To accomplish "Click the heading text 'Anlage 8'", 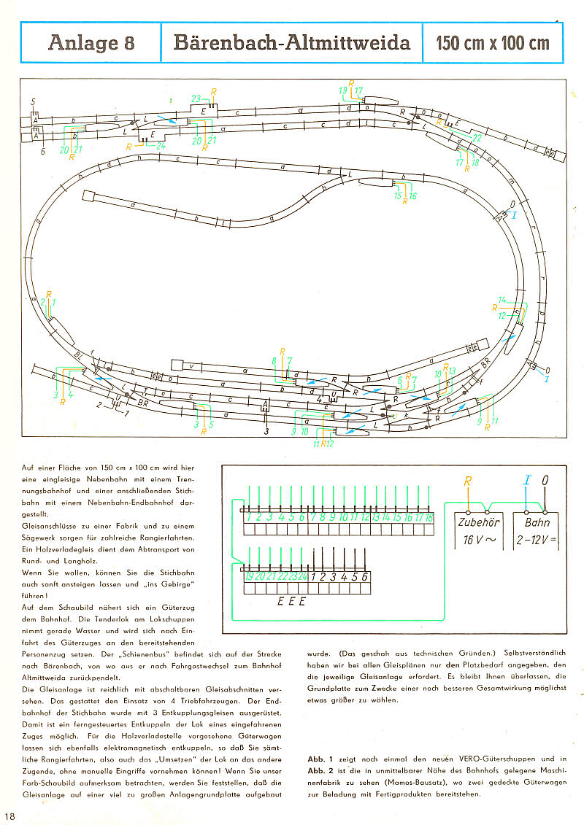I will click(91, 42).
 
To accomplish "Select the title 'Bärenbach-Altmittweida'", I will click(291, 42).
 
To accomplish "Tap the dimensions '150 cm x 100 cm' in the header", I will click(493, 43).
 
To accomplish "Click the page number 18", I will click(9, 815).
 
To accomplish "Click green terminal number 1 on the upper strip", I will click(249, 517).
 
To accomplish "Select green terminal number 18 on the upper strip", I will click(429, 517).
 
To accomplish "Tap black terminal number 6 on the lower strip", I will click(365, 576).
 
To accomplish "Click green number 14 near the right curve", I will click(502, 300).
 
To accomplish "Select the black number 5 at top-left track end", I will click(33, 101).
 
